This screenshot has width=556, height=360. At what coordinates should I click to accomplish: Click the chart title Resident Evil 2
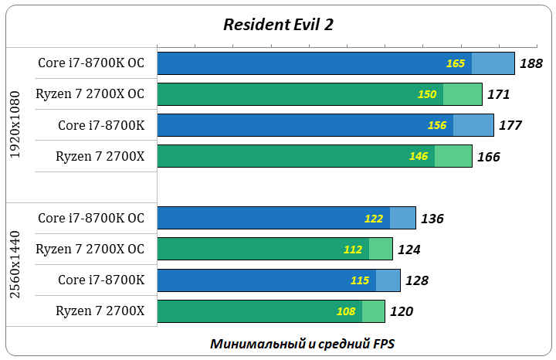coord(278,24)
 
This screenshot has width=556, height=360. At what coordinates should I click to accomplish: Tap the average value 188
coord(531,63)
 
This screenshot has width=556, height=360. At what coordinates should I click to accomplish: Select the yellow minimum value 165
coord(456,63)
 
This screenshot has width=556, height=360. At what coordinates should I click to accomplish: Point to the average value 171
coord(499,94)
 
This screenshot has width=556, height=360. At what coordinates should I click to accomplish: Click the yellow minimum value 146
coord(419,156)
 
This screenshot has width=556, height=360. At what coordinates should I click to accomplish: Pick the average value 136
coord(432,219)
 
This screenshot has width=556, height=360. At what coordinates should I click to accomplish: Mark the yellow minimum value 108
coord(346,311)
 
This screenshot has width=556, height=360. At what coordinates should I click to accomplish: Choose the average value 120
coord(402,311)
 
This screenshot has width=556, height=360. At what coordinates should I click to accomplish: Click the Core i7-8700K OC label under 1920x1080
coord(91,63)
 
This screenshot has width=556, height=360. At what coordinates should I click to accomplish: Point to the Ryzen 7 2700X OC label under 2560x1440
coord(90,249)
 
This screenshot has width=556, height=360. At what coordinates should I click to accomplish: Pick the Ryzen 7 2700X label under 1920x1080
coord(100,156)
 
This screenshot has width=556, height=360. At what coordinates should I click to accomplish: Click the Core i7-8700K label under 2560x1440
coord(101,280)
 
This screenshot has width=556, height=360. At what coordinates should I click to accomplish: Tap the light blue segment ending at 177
coord(473,125)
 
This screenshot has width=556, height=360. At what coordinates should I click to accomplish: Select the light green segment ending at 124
coord(381,249)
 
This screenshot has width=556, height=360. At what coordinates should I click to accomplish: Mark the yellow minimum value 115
coord(360,280)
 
